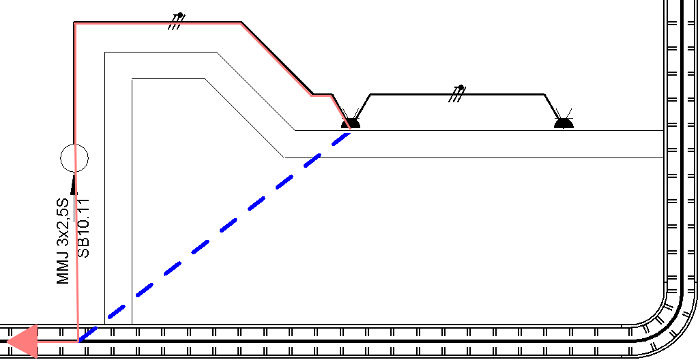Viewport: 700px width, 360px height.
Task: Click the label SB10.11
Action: coord(83,228)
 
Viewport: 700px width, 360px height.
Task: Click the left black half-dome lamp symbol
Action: coord(351,123)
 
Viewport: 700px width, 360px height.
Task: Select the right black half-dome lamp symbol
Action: coord(564,123)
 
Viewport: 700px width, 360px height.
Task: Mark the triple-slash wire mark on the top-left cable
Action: coord(176,21)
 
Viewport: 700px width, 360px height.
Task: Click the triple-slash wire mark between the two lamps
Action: coord(457,94)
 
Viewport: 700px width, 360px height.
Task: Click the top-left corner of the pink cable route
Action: coord(75,24)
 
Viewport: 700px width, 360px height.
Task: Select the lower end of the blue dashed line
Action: coord(80,342)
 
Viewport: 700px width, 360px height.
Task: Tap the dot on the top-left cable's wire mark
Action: coord(180,15)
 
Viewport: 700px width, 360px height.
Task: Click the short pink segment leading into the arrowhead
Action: coord(58,342)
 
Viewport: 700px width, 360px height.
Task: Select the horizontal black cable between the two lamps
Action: coord(457,95)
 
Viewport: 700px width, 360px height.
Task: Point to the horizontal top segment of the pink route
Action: coord(158,24)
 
